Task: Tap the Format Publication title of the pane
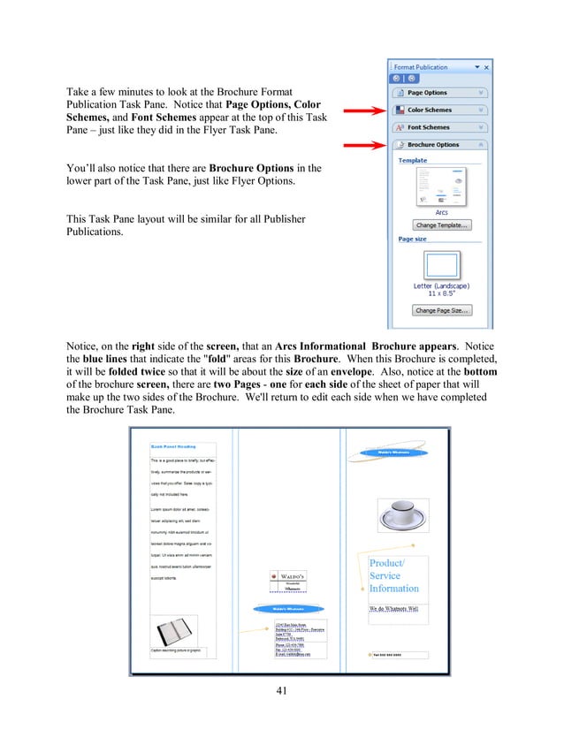tap(421, 67)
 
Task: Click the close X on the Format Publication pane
tap(487, 67)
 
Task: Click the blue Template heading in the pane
tap(413, 161)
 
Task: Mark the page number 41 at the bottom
tap(281, 691)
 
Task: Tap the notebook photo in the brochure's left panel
tap(172, 631)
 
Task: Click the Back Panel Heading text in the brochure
tap(173, 446)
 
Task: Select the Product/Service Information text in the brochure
tap(394, 576)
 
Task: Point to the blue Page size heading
tap(414, 239)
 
